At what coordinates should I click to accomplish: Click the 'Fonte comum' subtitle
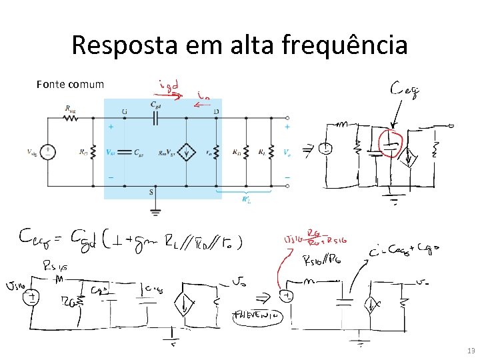point(71,84)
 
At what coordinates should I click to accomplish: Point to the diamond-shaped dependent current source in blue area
point(187,153)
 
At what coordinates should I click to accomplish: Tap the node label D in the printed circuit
point(217,111)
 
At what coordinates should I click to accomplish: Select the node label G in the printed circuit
point(124,111)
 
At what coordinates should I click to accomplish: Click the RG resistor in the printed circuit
point(93,153)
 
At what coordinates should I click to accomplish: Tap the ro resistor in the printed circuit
point(217,153)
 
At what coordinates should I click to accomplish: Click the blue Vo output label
point(287,153)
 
